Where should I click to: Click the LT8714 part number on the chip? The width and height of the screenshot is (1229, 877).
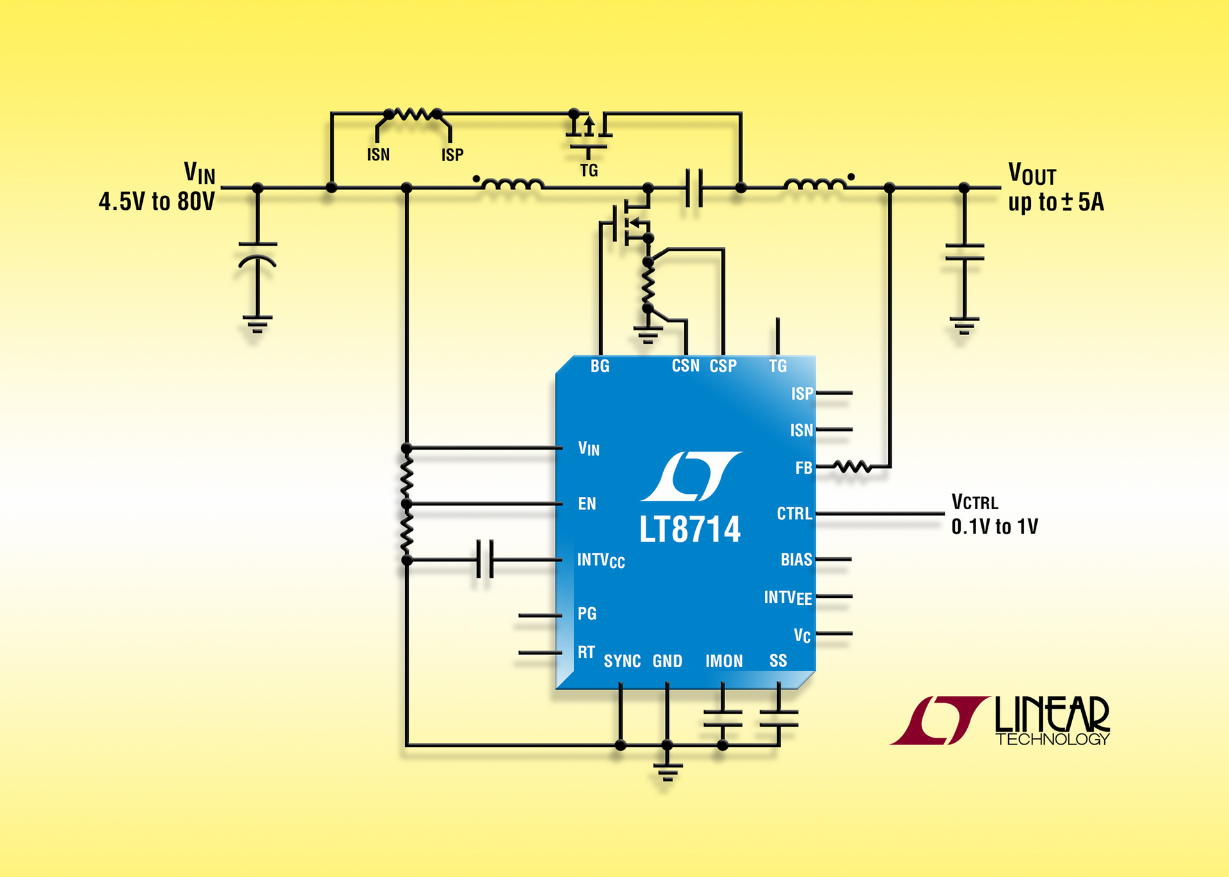click(689, 530)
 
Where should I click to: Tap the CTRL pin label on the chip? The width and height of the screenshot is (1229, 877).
click(794, 514)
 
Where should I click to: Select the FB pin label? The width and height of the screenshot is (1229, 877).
click(803, 468)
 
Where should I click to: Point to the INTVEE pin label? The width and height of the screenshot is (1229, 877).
click(787, 598)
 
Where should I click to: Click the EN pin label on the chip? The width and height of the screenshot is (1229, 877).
click(587, 504)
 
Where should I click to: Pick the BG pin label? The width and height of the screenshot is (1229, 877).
click(600, 367)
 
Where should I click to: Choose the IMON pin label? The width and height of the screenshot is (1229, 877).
click(724, 661)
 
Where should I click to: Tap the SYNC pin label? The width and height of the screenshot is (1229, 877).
click(622, 661)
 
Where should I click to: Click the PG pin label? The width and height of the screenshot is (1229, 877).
click(587, 614)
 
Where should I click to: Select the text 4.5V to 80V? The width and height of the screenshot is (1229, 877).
click(157, 201)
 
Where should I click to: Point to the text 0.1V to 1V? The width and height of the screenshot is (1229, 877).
click(995, 527)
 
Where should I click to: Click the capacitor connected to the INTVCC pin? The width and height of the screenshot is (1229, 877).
click(485, 560)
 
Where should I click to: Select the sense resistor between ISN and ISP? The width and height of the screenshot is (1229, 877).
click(413, 115)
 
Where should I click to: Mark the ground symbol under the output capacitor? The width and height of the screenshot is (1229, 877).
click(964, 325)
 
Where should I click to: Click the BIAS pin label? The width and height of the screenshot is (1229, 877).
click(796, 560)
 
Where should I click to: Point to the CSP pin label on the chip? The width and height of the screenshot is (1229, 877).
click(723, 367)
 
